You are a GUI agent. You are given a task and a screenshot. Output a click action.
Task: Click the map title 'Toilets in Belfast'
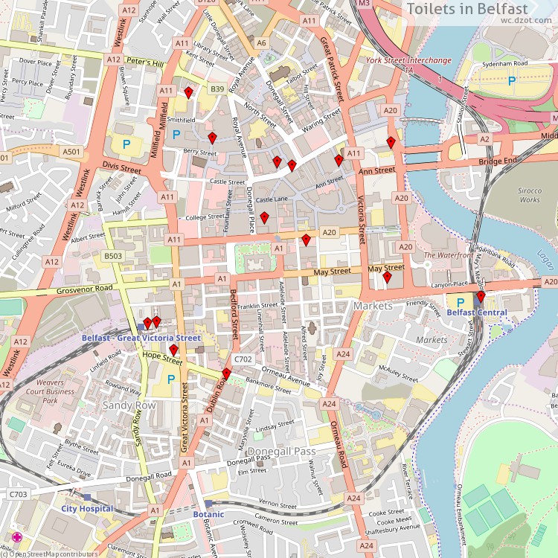coord(477,9)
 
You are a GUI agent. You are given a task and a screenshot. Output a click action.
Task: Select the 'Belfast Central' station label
coord(476,313)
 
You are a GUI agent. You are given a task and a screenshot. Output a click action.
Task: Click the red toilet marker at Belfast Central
coord(481,297)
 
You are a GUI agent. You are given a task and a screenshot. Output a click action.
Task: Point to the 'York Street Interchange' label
coord(408,60)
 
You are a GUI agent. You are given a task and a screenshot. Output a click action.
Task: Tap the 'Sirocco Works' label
coord(530,195)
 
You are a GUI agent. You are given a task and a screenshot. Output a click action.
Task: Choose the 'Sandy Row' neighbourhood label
coord(129,405)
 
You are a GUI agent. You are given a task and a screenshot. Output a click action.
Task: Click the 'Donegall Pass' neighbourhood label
coord(281,452)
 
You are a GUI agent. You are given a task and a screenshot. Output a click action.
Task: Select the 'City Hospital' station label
coord(87,509)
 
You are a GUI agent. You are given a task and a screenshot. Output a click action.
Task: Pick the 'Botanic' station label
coord(208,514)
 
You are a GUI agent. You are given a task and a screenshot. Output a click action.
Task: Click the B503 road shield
coord(113,256)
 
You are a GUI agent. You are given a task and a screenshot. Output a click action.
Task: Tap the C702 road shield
coord(243,359)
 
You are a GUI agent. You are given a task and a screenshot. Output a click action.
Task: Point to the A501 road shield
coord(71,152)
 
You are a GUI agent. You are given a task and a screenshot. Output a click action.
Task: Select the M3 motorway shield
coord(364,4)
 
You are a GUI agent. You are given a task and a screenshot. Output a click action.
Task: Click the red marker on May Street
coord(387,278)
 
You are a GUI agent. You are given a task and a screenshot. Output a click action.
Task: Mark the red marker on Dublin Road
coord(226,373)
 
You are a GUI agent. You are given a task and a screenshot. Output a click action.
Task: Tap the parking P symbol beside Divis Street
coord(126,144)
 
